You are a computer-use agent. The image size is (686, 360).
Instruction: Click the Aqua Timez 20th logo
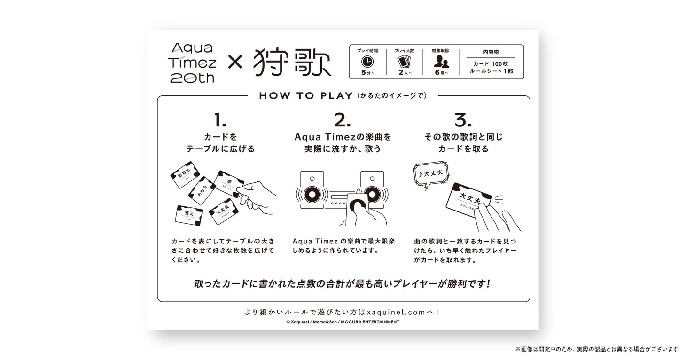coord(193,62)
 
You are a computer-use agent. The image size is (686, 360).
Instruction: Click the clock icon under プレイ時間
coord(366,62)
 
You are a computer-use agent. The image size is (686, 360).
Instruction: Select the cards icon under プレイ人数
coord(404,62)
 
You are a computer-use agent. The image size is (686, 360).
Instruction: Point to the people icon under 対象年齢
coord(441,62)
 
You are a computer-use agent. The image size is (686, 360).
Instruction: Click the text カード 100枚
coord(491,63)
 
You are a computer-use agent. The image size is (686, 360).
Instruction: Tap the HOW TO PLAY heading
coord(305,96)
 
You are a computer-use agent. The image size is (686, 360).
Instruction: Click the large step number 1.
coord(220,121)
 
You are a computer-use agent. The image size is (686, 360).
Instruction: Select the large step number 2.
coord(342,121)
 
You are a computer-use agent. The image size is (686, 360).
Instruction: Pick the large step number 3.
coord(463,121)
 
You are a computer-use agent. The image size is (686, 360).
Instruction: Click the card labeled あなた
coord(202,190)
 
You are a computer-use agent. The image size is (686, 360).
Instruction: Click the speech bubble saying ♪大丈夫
coord(430,174)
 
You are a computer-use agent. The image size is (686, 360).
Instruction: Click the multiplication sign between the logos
coord(234,63)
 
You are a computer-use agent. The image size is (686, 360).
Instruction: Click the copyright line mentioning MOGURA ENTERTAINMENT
coord(343,322)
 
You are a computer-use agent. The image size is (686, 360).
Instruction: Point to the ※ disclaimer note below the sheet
coord(596,349)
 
